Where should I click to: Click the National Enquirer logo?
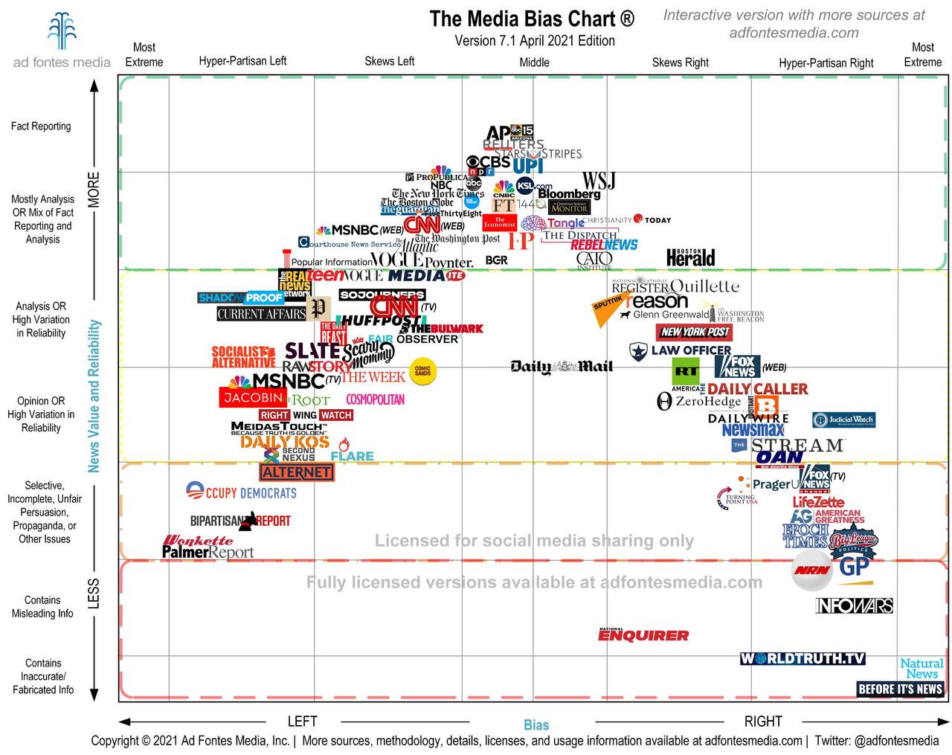click(643, 634)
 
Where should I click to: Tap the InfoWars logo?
click(854, 605)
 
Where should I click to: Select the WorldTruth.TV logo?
click(803, 658)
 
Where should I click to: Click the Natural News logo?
click(922, 668)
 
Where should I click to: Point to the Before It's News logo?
click(900, 689)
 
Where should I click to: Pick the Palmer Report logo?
click(208, 552)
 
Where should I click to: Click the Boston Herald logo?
click(690, 257)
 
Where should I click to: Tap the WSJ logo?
click(598, 181)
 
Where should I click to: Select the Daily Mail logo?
click(562, 366)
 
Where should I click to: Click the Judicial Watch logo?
click(843, 420)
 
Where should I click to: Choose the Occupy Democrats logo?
click(241, 492)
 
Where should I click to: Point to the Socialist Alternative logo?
click(243, 356)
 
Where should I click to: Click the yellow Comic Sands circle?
click(422, 370)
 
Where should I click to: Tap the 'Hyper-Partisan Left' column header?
click(242, 61)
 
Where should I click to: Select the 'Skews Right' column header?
click(680, 62)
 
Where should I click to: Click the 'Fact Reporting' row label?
click(41, 126)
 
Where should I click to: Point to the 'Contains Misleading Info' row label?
click(42, 606)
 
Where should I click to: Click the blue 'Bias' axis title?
click(535, 725)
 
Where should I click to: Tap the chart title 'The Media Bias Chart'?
click(532, 19)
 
